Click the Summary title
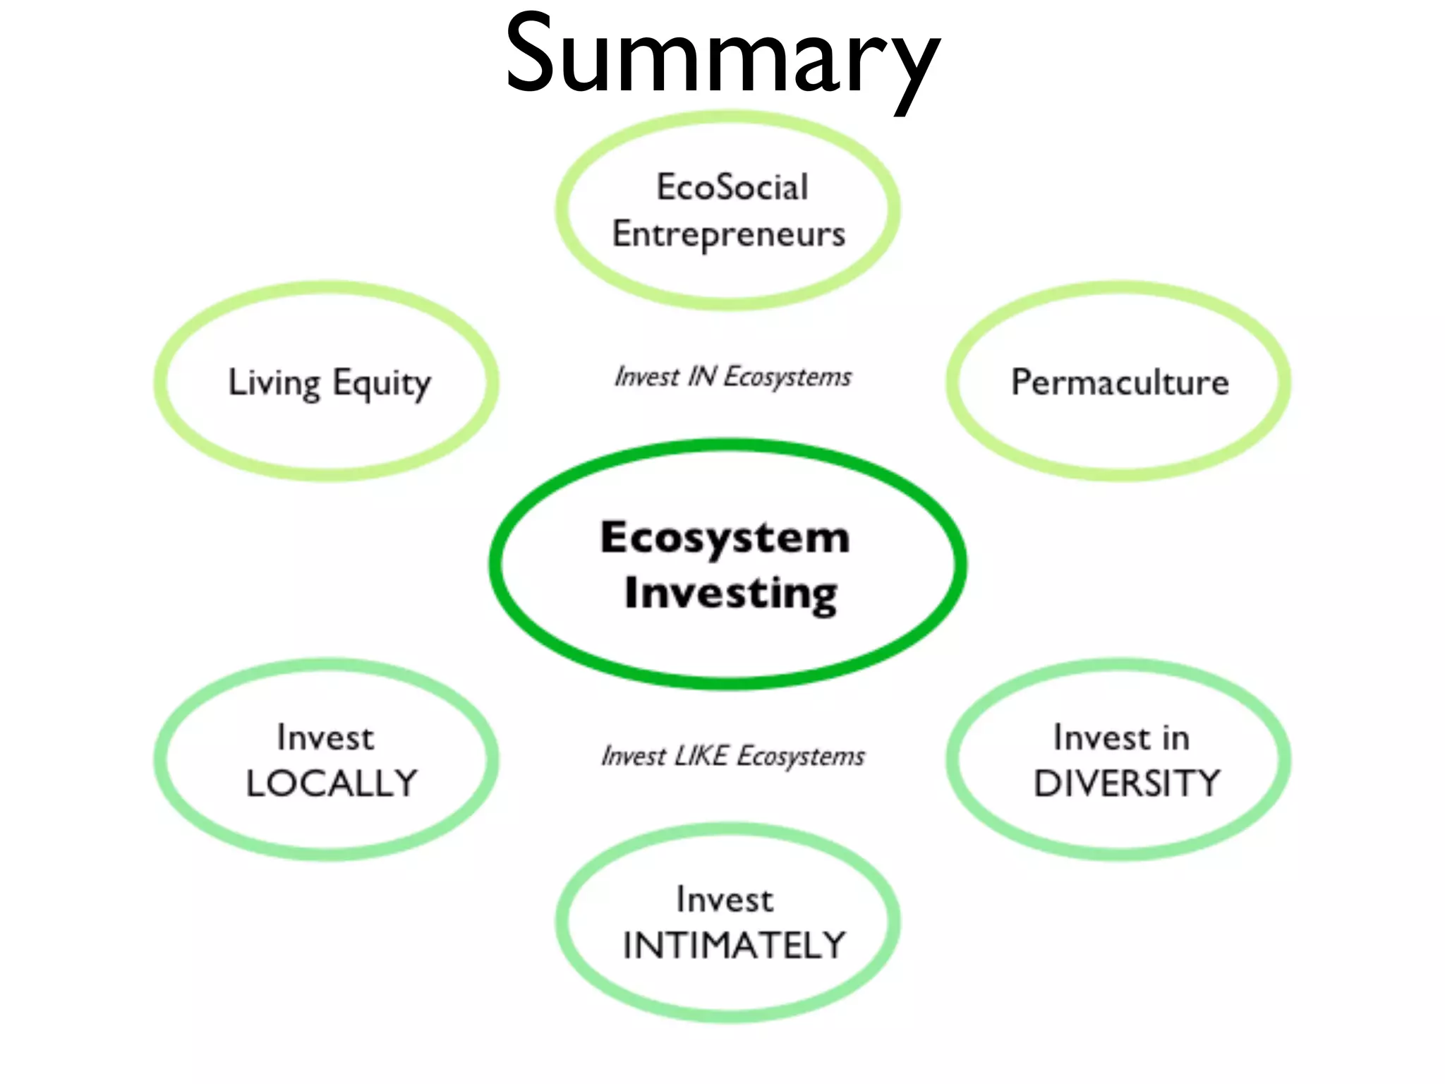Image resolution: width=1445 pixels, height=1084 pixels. click(x=722, y=56)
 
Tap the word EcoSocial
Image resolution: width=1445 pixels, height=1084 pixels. click(x=732, y=187)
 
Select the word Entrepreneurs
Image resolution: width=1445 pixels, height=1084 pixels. click(x=728, y=234)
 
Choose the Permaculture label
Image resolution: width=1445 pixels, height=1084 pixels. click(x=1120, y=382)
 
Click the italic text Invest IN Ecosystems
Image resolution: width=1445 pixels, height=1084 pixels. click(x=732, y=376)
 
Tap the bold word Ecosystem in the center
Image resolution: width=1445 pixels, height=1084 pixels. click(x=725, y=538)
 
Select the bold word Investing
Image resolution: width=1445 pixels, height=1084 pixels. click(x=731, y=593)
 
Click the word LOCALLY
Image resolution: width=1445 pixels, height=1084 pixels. click(x=332, y=783)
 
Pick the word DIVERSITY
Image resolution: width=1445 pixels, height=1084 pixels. click(x=1127, y=783)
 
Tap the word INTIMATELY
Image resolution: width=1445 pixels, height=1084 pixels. click(x=734, y=946)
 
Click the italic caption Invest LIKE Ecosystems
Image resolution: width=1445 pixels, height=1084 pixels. click(x=732, y=756)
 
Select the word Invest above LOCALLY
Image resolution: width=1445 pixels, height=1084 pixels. click(x=325, y=738)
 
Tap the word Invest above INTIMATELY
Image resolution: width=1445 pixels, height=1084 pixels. click(x=725, y=900)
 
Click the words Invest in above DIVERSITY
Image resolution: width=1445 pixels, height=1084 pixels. click(x=1121, y=738)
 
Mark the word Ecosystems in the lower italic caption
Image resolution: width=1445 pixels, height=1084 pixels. click(x=801, y=756)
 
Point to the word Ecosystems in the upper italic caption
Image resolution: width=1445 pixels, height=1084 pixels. click(x=787, y=376)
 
